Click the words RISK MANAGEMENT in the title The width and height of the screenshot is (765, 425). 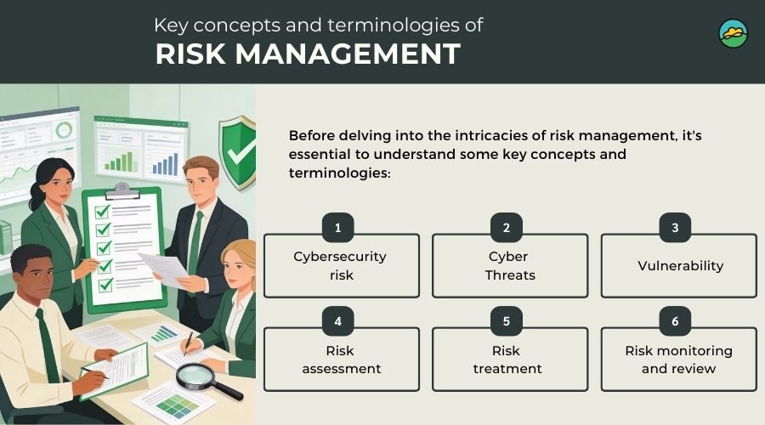tap(308, 54)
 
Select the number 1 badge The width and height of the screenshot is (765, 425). tap(338, 228)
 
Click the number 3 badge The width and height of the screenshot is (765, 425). tap(676, 228)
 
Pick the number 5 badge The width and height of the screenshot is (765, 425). tap(507, 322)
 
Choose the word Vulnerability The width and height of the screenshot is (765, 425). tap(680, 265)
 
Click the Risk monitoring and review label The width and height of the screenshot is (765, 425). tap(678, 360)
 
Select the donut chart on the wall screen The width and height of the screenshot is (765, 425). tap(64, 131)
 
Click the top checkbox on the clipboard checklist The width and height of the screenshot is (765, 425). tap(102, 210)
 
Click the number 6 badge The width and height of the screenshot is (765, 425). tap(676, 322)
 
